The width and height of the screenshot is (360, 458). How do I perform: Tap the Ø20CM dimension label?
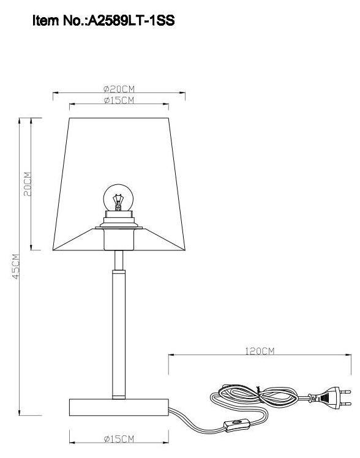[x=119, y=89]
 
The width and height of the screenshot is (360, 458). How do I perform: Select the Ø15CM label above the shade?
[x=119, y=100]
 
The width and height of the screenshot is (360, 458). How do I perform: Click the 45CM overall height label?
[x=15, y=266]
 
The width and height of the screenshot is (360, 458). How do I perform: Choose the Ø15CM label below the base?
[x=119, y=438]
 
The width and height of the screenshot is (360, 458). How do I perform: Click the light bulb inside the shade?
[x=118, y=199]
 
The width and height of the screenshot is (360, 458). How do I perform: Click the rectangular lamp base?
[x=118, y=405]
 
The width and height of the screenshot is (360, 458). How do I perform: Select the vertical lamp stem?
[x=118, y=331]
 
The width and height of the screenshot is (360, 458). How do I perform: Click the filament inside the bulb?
[x=119, y=200]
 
